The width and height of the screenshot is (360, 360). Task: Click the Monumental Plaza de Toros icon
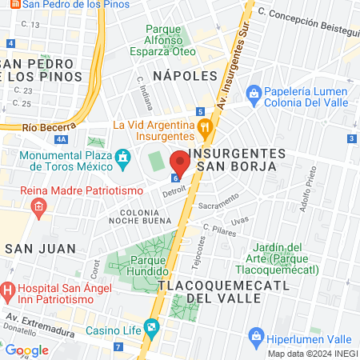pyautogui.click(x=122, y=154)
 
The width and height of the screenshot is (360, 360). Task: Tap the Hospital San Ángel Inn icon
pyautogui.click(x=7, y=288)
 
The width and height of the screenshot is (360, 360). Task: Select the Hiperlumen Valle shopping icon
pyautogui.click(x=257, y=335)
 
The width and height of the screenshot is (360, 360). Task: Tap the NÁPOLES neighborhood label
pyautogui.click(x=185, y=75)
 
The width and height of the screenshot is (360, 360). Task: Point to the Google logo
pyautogui.click(x=26, y=350)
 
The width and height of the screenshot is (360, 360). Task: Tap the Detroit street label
pyautogui.click(x=174, y=193)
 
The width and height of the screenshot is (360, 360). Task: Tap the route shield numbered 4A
pyautogui.click(x=61, y=138)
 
